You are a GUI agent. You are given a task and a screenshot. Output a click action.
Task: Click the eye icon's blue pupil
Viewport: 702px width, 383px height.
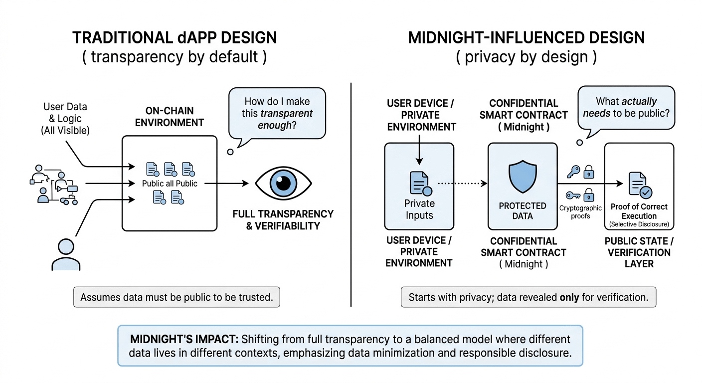[283, 183]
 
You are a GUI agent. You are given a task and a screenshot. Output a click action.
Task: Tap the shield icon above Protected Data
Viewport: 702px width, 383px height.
[523, 177]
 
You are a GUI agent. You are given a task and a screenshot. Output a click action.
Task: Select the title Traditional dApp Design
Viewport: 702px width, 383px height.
[175, 38]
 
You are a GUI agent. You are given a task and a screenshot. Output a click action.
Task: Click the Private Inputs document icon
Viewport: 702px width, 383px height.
[419, 183]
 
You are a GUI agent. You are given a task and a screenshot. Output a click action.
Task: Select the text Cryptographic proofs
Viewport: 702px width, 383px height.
[581, 212]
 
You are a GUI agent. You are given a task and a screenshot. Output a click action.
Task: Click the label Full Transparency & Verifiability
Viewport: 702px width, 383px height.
[283, 219]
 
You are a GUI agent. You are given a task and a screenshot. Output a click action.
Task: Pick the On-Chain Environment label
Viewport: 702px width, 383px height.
[170, 116]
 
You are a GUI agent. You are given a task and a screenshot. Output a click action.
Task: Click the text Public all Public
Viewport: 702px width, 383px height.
[170, 184]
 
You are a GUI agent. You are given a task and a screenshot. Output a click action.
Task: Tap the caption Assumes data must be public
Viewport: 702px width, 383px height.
[176, 297]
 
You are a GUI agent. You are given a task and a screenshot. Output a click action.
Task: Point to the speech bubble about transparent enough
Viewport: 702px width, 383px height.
[276, 114]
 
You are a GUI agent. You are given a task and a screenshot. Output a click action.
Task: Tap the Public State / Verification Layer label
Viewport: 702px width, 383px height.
[639, 252]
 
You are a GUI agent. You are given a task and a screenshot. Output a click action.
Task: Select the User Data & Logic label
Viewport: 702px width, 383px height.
[65, 118]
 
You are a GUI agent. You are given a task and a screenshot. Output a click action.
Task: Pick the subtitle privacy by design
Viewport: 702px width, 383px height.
[526, 57]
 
